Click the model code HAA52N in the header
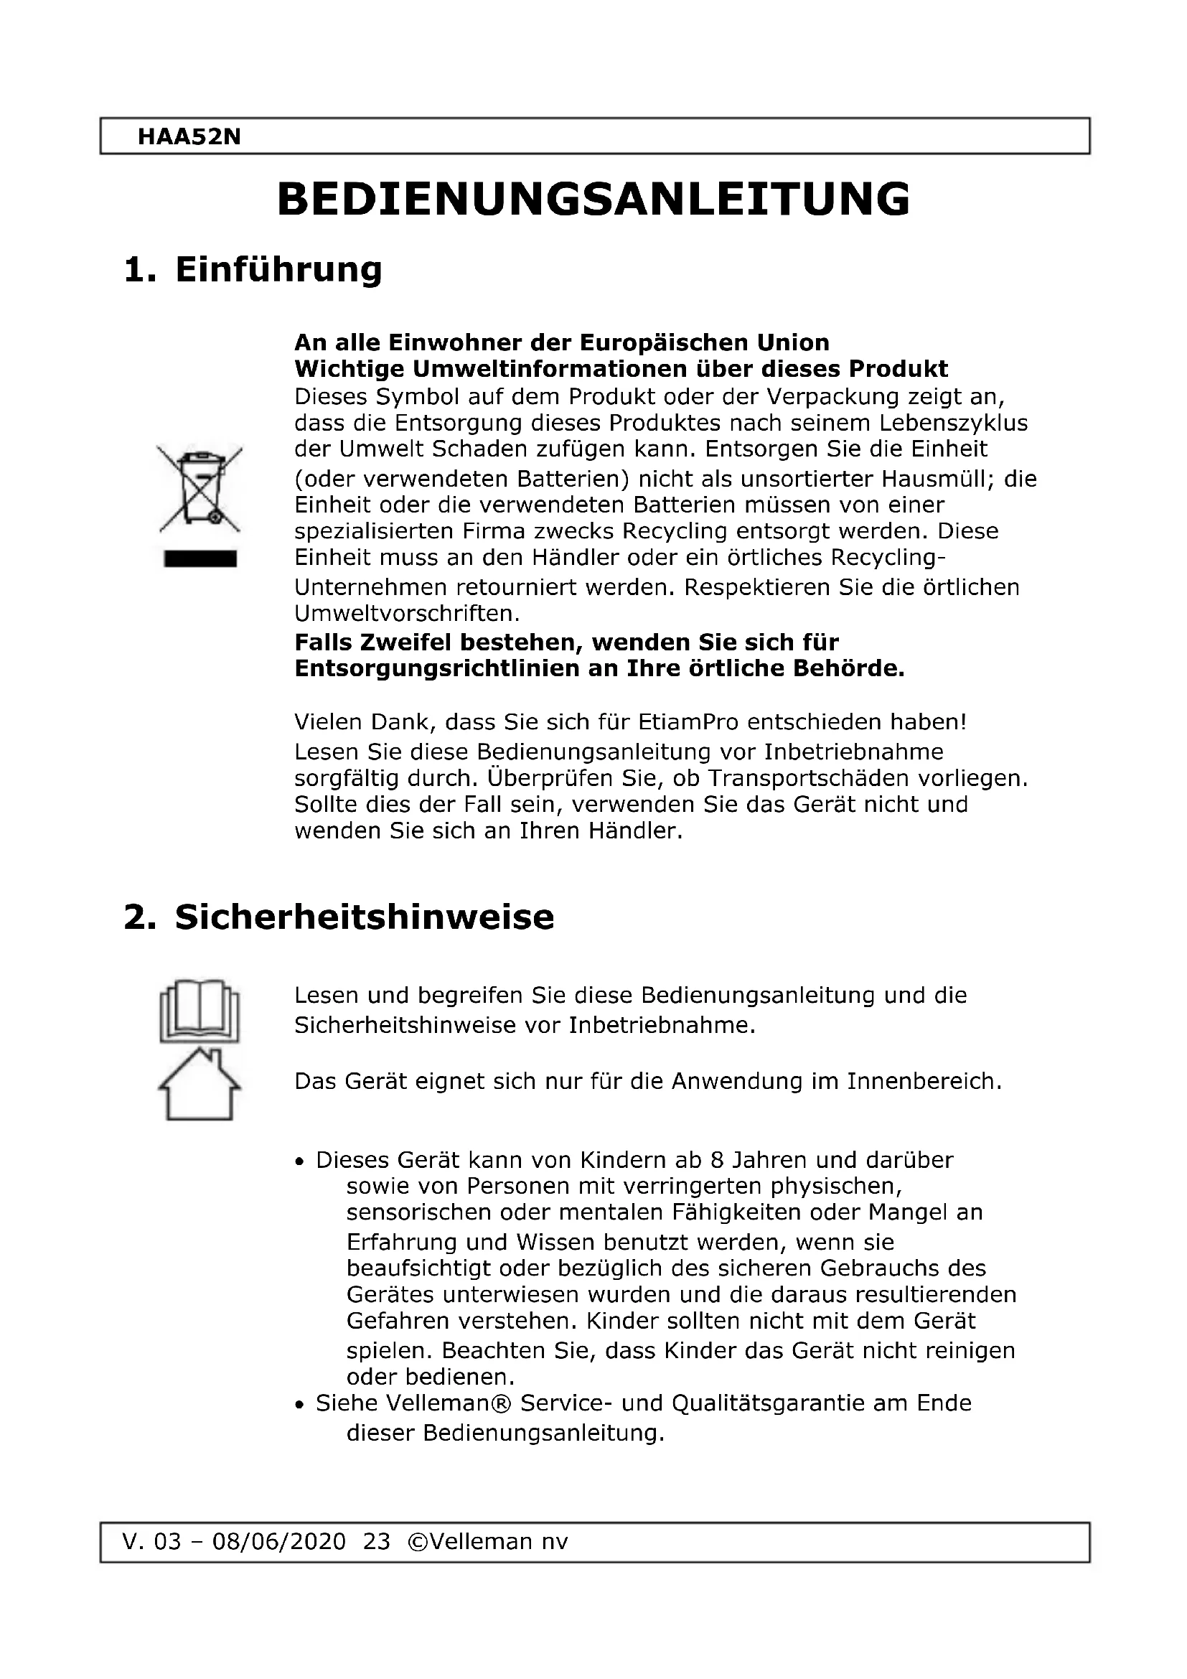[x=189, y=137]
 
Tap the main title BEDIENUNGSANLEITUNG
[x=593, y=199]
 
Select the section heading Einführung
[x=278, y=270]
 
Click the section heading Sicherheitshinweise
[x=364, y=917]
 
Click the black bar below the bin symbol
[x=200, y=559]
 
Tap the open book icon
[x=200, y=1011]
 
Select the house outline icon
[x=200, y=1085]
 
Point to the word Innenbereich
[x=924, y=1081]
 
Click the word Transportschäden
[x=831, y=778]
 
